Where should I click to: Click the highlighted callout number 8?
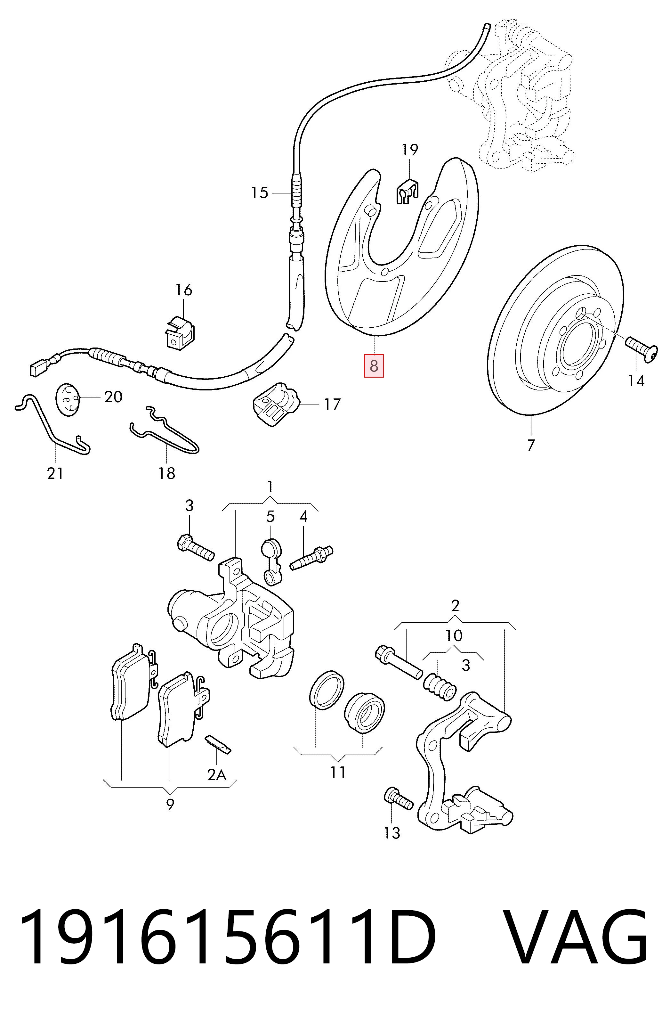[x=374, y=366]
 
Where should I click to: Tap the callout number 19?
[x=410, y=150]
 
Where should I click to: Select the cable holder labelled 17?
[x=275, y=403]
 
